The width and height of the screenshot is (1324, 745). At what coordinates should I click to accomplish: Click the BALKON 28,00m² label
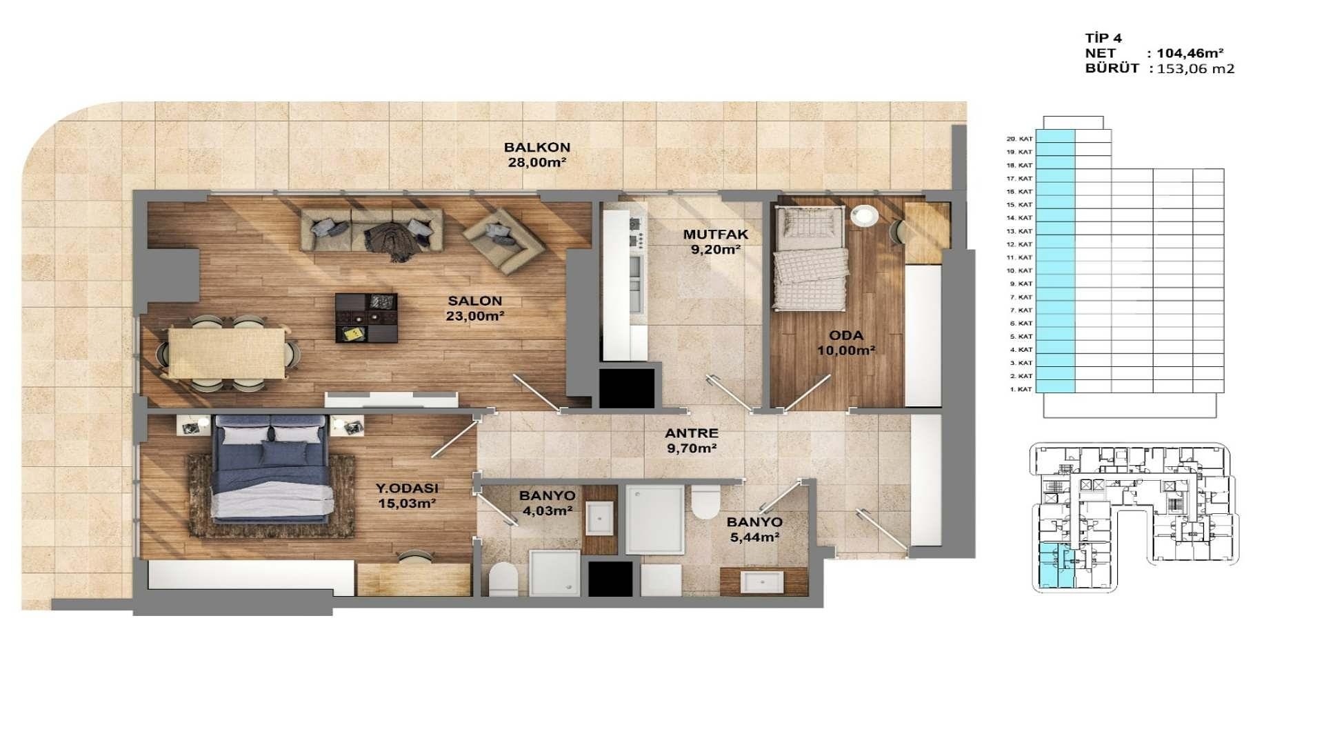(x=536, y=155)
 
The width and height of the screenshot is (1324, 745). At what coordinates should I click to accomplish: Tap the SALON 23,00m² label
(x=474, y=308)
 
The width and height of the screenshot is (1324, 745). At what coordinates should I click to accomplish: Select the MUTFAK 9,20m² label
(x=715, y=242)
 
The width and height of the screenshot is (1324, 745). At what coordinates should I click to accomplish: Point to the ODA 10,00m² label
(x=845, y=343)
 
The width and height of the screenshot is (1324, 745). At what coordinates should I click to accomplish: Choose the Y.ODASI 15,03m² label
(x=406, y=495)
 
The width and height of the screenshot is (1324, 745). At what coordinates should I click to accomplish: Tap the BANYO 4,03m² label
(x=546, y=503)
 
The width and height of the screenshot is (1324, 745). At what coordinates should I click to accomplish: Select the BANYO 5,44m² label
(x=754, y=530)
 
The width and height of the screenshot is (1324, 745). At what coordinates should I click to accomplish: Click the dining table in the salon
(x=227, y=352)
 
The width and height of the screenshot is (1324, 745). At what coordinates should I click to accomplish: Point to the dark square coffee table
(x=366, y=317)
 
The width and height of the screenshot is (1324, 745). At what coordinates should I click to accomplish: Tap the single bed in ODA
(x=810, y=260)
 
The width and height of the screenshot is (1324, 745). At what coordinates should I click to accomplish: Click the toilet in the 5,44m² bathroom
(x=705, y=502)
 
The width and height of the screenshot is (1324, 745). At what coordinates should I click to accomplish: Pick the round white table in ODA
(x=863, y=216)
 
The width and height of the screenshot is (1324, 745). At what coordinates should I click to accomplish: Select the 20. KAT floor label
(x=1020, y=139)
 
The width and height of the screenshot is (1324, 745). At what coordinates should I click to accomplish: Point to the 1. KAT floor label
(x=1021, y=389)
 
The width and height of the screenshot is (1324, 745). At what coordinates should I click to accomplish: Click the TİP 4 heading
(x=1103, y=38)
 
